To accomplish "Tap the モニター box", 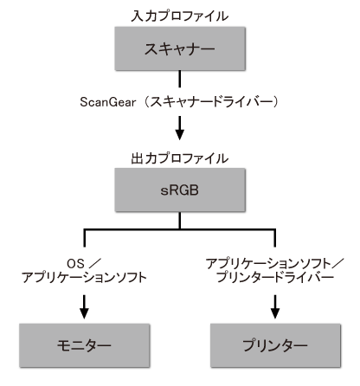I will [x=84, y=346].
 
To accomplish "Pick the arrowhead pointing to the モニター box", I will [x=84, y=309].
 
